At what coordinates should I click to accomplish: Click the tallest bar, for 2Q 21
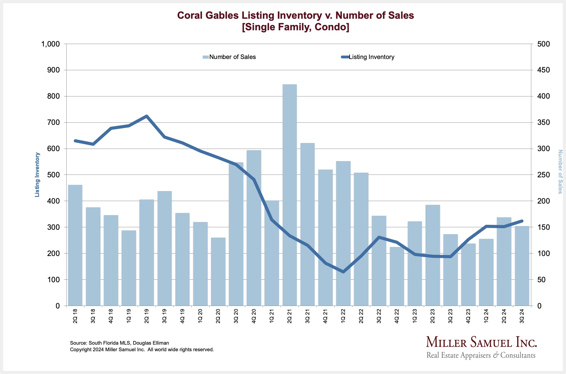pos(290,195)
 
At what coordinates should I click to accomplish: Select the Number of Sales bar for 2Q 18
pos(75,245)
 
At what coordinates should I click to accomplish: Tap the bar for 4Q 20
pos(254,228)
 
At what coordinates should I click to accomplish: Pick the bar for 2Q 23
pos(432,255)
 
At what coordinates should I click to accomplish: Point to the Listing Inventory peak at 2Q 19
pos(147,116)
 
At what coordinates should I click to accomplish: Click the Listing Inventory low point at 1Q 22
pos(343,272)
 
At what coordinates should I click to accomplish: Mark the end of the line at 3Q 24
pos(522,221)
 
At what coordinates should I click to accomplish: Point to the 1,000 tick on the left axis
pos(50,44)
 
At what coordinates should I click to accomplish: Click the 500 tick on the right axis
pos(543,44)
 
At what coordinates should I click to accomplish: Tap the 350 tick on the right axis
pos(543,122)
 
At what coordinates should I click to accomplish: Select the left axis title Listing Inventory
pos(37,175)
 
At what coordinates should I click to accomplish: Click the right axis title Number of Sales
pos(560,172)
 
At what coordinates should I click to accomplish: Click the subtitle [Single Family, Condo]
pos(296,27)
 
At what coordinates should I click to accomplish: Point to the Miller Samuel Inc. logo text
pos(481,342)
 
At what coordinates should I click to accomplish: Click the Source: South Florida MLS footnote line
pos(119,343)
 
